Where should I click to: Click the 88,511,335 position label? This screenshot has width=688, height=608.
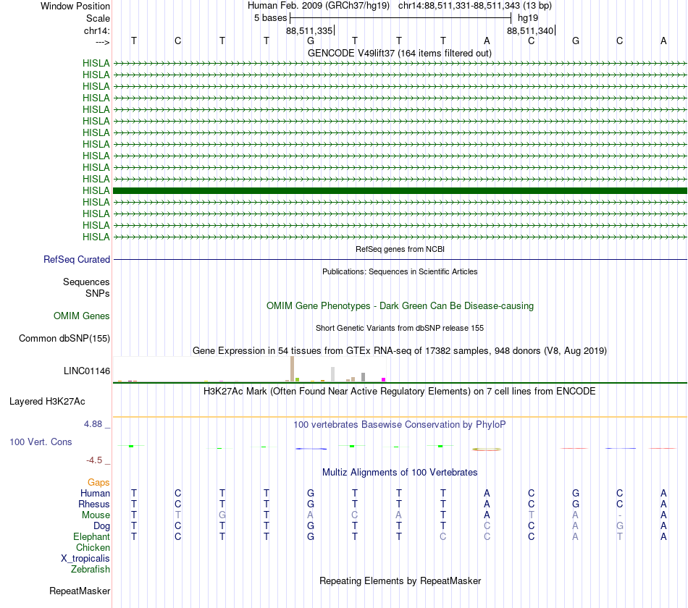(309, 31)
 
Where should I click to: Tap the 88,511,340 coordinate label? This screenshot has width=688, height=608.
(530, 31)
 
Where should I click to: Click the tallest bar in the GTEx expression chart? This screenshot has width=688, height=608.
(292, 368)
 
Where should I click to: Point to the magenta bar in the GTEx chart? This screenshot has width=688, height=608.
(384, 379)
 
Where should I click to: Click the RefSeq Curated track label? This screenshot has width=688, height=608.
(77, 260)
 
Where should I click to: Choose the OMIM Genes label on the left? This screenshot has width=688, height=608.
(82, 316)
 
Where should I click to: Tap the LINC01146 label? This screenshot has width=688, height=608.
(87, 371)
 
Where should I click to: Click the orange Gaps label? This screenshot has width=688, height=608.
(98, 482)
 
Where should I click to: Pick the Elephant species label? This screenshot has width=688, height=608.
(91, 537)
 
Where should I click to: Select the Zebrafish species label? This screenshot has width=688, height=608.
(91, 570)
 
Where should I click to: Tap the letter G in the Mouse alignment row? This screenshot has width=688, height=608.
(222, 515)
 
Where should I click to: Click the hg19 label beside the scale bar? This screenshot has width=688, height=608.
(527, 17)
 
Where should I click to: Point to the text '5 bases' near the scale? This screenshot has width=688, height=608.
(270, 17)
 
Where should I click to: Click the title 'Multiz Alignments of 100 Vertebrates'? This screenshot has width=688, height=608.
(400, 473)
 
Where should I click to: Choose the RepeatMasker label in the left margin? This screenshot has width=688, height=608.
(80, 591)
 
